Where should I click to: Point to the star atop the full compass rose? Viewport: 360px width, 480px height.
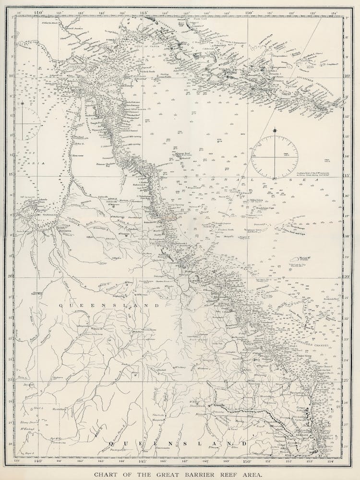(x=275, y=130)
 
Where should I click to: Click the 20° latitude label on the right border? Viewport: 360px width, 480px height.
(x=347, y=277)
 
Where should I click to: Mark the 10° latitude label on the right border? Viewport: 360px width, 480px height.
(x=347, y=75)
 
